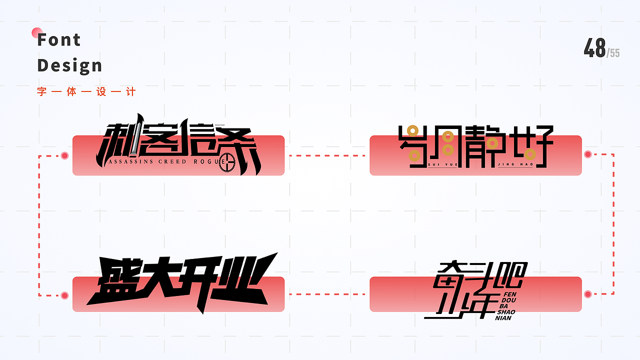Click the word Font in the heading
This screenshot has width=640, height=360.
pos(59,39)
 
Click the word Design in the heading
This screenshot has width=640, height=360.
pos(69,65)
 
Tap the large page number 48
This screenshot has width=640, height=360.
pos(594,48)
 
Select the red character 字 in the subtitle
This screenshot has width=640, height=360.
pos(41,92)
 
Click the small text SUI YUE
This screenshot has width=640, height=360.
pos(443,164)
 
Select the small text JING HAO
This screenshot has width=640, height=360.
pos(519,164)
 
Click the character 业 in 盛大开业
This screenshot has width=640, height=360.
pos(243,280)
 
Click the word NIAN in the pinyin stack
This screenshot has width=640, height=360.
pos(504,318)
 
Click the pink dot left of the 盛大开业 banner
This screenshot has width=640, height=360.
pos(64,295)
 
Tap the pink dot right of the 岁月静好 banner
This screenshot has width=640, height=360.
pos(588,154)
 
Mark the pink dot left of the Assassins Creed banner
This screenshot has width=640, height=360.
pos(64,155)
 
